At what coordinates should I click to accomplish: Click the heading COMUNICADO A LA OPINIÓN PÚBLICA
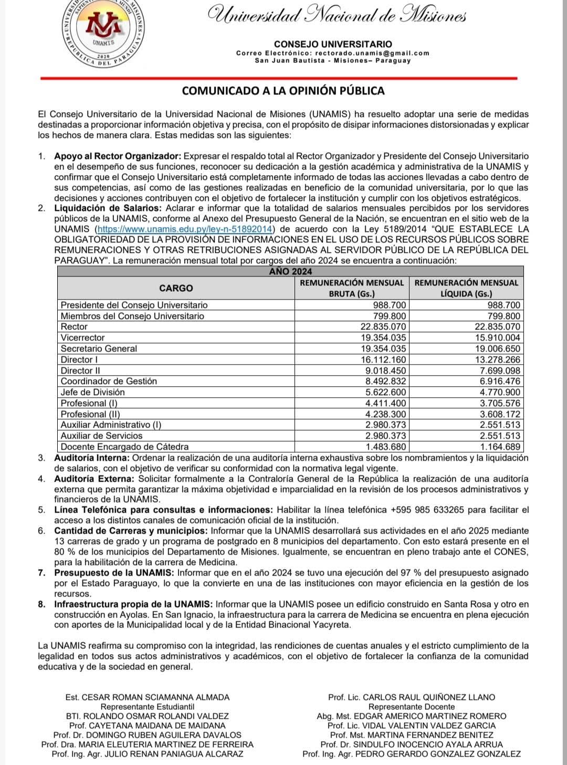coord(283,91)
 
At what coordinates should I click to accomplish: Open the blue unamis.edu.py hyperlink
coord(186,229)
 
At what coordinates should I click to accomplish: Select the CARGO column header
coord(176,288)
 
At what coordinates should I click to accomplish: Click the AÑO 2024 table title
coord(290,271)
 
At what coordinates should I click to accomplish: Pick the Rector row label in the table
coord(74,327)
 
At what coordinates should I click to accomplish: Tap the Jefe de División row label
coord(93,392)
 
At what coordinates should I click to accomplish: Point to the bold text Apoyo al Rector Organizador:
coord(118,156)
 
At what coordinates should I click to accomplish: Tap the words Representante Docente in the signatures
coord(412,707)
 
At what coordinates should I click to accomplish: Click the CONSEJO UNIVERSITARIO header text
coord(333,44)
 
